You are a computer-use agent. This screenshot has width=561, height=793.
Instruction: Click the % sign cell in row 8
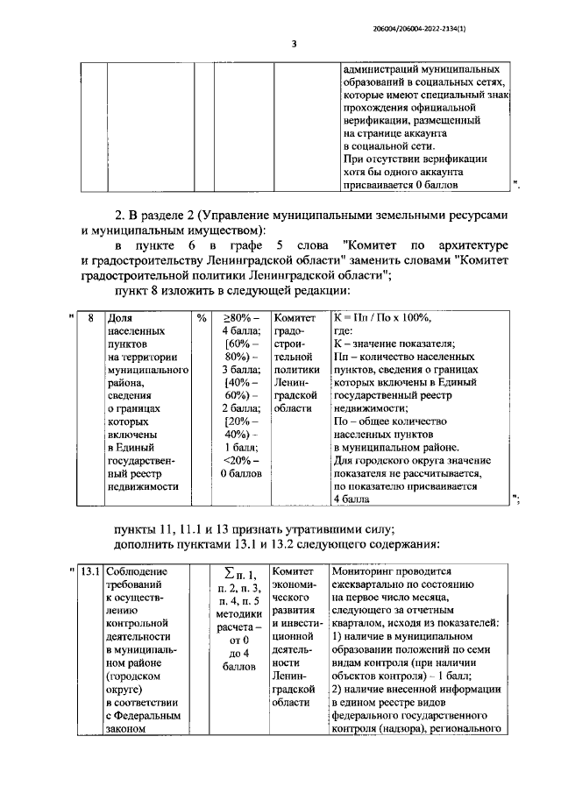click(202, 320)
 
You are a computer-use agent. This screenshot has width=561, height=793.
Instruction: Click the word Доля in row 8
click(119, 320)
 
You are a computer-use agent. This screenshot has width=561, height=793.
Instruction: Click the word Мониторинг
click(365, 572)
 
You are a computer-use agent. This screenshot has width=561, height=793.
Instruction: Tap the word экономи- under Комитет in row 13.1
click(292, 586)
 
